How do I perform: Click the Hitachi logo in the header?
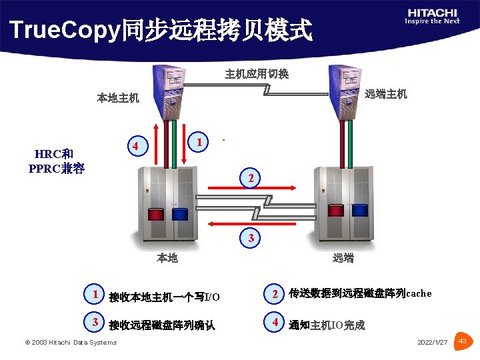click(432, 16)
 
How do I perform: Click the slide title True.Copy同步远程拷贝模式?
click(161, 29)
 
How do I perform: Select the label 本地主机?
click(118, 98)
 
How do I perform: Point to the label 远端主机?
click(386, 94)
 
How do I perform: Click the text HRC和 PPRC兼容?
click(57, 161)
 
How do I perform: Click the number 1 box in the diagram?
click(199, 141)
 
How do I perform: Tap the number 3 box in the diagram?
click(250, 237)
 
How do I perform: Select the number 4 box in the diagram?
click(136, 146)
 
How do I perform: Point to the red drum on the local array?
click(155, 215)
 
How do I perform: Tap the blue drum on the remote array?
click(360, 211)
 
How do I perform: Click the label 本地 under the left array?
click(167, 258)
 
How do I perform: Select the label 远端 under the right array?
click(343, 258)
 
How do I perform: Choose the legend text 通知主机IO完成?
click(327, 325)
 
